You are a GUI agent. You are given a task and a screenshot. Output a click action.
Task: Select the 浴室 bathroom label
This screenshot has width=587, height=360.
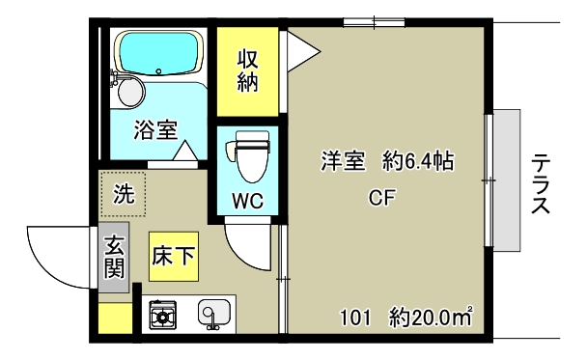pos(154,129)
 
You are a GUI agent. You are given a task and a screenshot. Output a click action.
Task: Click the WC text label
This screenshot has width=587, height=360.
pos(247,202)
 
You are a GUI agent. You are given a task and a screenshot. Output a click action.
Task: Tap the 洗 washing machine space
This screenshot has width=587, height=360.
pos(124,193)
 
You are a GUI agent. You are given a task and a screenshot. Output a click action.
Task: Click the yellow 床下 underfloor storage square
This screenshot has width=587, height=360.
pos(174,256)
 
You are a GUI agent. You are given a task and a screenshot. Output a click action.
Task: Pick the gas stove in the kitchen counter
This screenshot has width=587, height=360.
pos(161,314)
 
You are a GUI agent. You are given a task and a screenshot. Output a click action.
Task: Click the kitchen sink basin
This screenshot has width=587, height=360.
pos(212,313)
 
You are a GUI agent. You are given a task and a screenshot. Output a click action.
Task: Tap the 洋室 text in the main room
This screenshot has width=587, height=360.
pos(343,162)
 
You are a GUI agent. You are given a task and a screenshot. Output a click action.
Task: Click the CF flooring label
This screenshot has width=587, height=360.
pos(382,200)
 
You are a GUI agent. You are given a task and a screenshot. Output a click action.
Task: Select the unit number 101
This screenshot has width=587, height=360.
pos(354,316)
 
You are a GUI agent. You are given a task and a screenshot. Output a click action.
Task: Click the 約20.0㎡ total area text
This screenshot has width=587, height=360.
pos(431,316)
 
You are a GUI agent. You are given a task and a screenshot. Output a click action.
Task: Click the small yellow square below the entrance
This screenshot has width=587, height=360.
pos(115,318)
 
